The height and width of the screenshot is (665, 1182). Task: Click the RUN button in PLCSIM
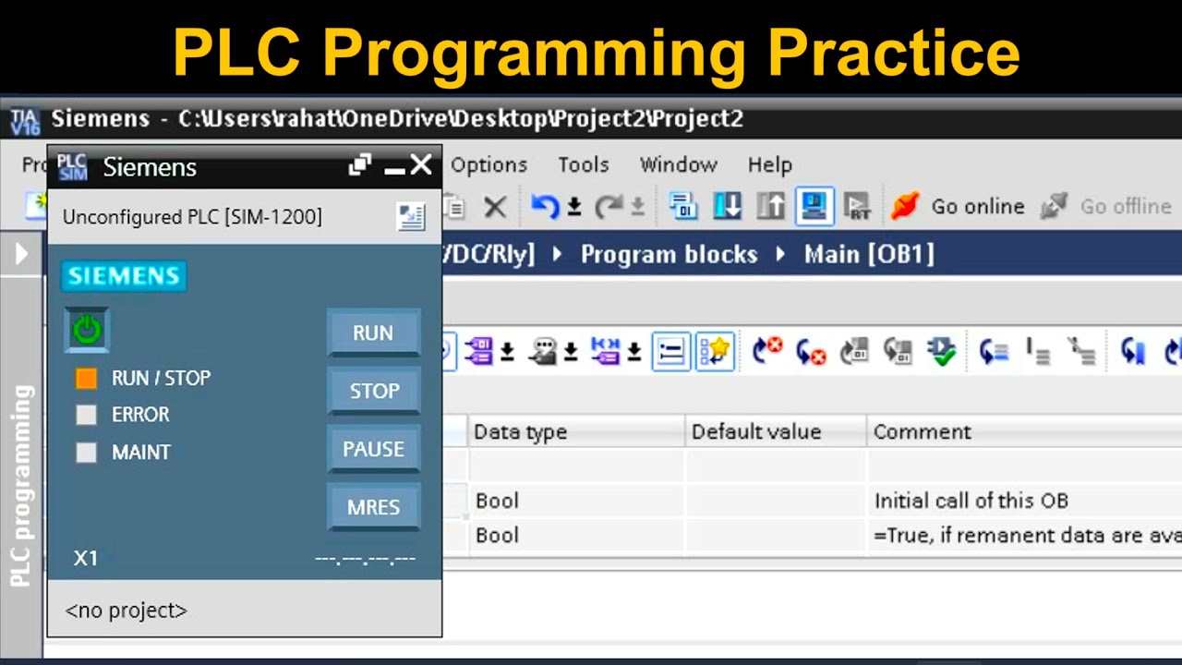coord(373,332)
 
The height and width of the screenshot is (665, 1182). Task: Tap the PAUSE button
coord(373,449)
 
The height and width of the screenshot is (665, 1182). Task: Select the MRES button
coord(373,507)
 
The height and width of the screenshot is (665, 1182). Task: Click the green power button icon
coord(87,330)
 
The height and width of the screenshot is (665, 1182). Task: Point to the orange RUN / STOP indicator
coord(86,378)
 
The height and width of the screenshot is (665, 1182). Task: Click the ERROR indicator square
coord(86,415)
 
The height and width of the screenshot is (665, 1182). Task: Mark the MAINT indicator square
coord(86,453)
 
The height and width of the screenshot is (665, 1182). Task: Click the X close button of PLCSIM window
coord(421,165)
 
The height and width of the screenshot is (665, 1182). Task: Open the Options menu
coord(488,165)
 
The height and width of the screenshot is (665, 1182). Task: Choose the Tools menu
coord(583,165)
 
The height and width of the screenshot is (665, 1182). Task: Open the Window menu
coord(678,165)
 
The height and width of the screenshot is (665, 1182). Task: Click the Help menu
coord(769,165)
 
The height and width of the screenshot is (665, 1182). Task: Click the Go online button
coord(959,206)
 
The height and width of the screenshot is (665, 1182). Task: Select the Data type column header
coord(520,431)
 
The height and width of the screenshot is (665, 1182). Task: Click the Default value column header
coord(755,431)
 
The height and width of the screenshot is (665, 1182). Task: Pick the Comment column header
coord(922,431)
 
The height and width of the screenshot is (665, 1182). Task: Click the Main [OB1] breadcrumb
coord(868,254)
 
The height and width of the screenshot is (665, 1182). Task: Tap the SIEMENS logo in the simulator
coord(124,276)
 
